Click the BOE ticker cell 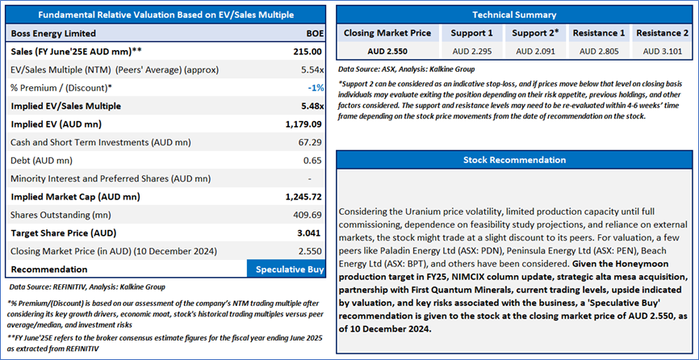click(315, 33)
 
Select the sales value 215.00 click(308, 51)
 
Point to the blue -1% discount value click(315, 88)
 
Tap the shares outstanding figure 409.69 click(309, 216)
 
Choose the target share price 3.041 click(310, 233)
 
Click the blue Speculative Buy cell click(286, 270)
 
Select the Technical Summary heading click(514, 15)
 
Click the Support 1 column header click(471, 33)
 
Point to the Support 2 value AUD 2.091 click(535, 51)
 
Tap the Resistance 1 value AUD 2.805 click(599, 51)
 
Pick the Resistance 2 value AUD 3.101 click(663, 51)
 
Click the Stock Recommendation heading click(514, 160)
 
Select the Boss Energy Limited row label click(53, 33)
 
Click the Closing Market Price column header click(387, 33)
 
